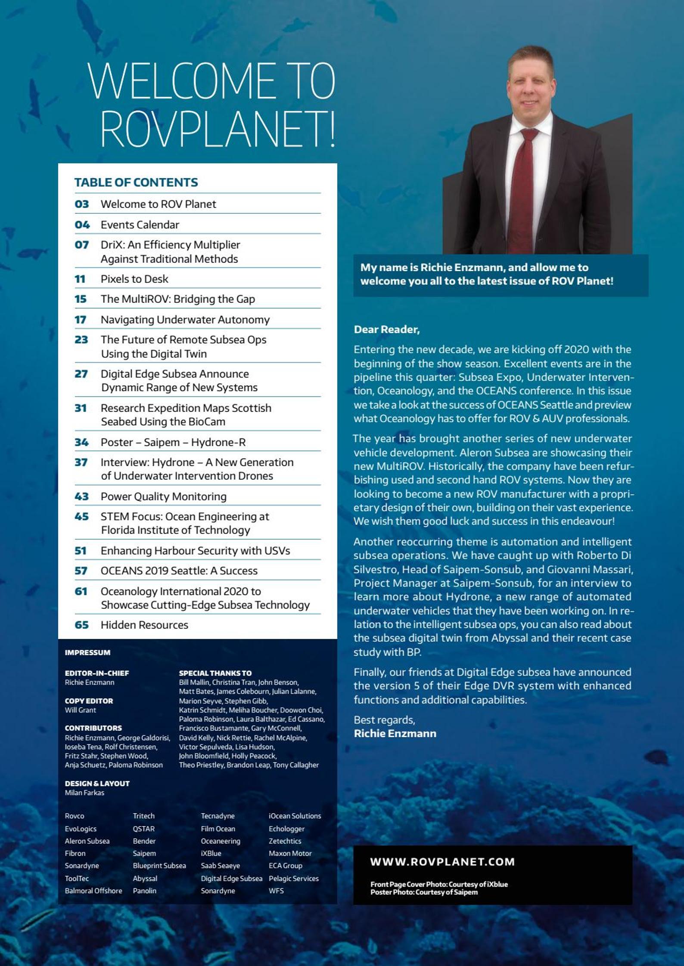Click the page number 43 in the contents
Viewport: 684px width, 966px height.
[x=81, y=496]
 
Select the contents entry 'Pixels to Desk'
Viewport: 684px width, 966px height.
[x=134, y=279]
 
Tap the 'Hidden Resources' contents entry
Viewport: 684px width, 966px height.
[x=144, y=625]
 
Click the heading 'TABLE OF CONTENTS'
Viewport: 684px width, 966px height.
[x=136, y=182]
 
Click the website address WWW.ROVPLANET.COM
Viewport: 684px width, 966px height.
[x=442, y=862]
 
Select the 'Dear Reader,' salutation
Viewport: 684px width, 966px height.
[x=386, y=330]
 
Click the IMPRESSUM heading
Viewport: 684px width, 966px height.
[x=87, y=652]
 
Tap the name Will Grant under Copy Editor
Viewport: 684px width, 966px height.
[x=80, y=710]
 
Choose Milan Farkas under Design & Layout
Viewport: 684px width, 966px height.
[x=84, y=793]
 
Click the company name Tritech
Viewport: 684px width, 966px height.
[x=143, y=816]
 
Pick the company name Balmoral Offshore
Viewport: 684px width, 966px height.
[x=93, y=891]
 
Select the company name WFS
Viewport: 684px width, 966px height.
[x=276, y=891]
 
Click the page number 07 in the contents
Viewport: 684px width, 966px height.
[x=81, y=245]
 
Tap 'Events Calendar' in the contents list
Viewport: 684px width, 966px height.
[x=140, y=225]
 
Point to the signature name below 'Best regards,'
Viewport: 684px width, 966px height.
[x=395, y=734]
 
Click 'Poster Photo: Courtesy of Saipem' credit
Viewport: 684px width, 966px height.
[x=424, y=892]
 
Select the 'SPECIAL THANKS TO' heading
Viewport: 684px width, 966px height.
[x=215, y=673]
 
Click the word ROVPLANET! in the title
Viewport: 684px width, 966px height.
[x=218, y=129]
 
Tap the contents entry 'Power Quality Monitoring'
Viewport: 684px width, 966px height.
[x=163, y=496]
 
